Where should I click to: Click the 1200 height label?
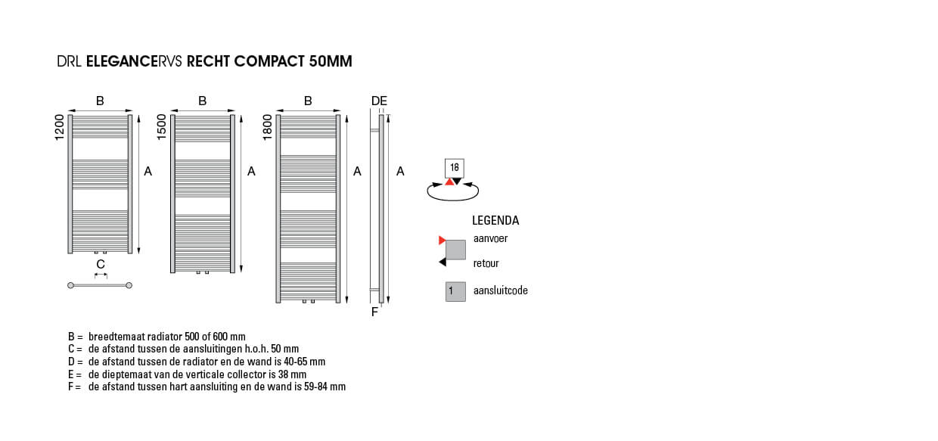point(60,127)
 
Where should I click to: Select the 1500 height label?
point(162,126)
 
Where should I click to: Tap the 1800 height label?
point(267,127)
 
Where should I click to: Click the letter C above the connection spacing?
point(101,264)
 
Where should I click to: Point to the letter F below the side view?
point(374,312)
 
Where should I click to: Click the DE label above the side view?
point(380,101)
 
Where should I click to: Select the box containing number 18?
point(455,169)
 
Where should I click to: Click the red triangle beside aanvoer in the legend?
point(442,241)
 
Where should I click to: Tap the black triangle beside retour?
point(443,262)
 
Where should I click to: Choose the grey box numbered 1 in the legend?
point(455,291)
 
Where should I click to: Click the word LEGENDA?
point(495,221)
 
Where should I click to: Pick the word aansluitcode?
point(501,290)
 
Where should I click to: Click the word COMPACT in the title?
point(269,61)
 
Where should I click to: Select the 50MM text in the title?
point(331,61)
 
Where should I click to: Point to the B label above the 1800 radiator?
point(308,101)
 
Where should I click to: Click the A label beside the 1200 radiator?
point(148,171)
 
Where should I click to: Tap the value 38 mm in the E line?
point(292,374)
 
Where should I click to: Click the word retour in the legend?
point(486,263)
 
